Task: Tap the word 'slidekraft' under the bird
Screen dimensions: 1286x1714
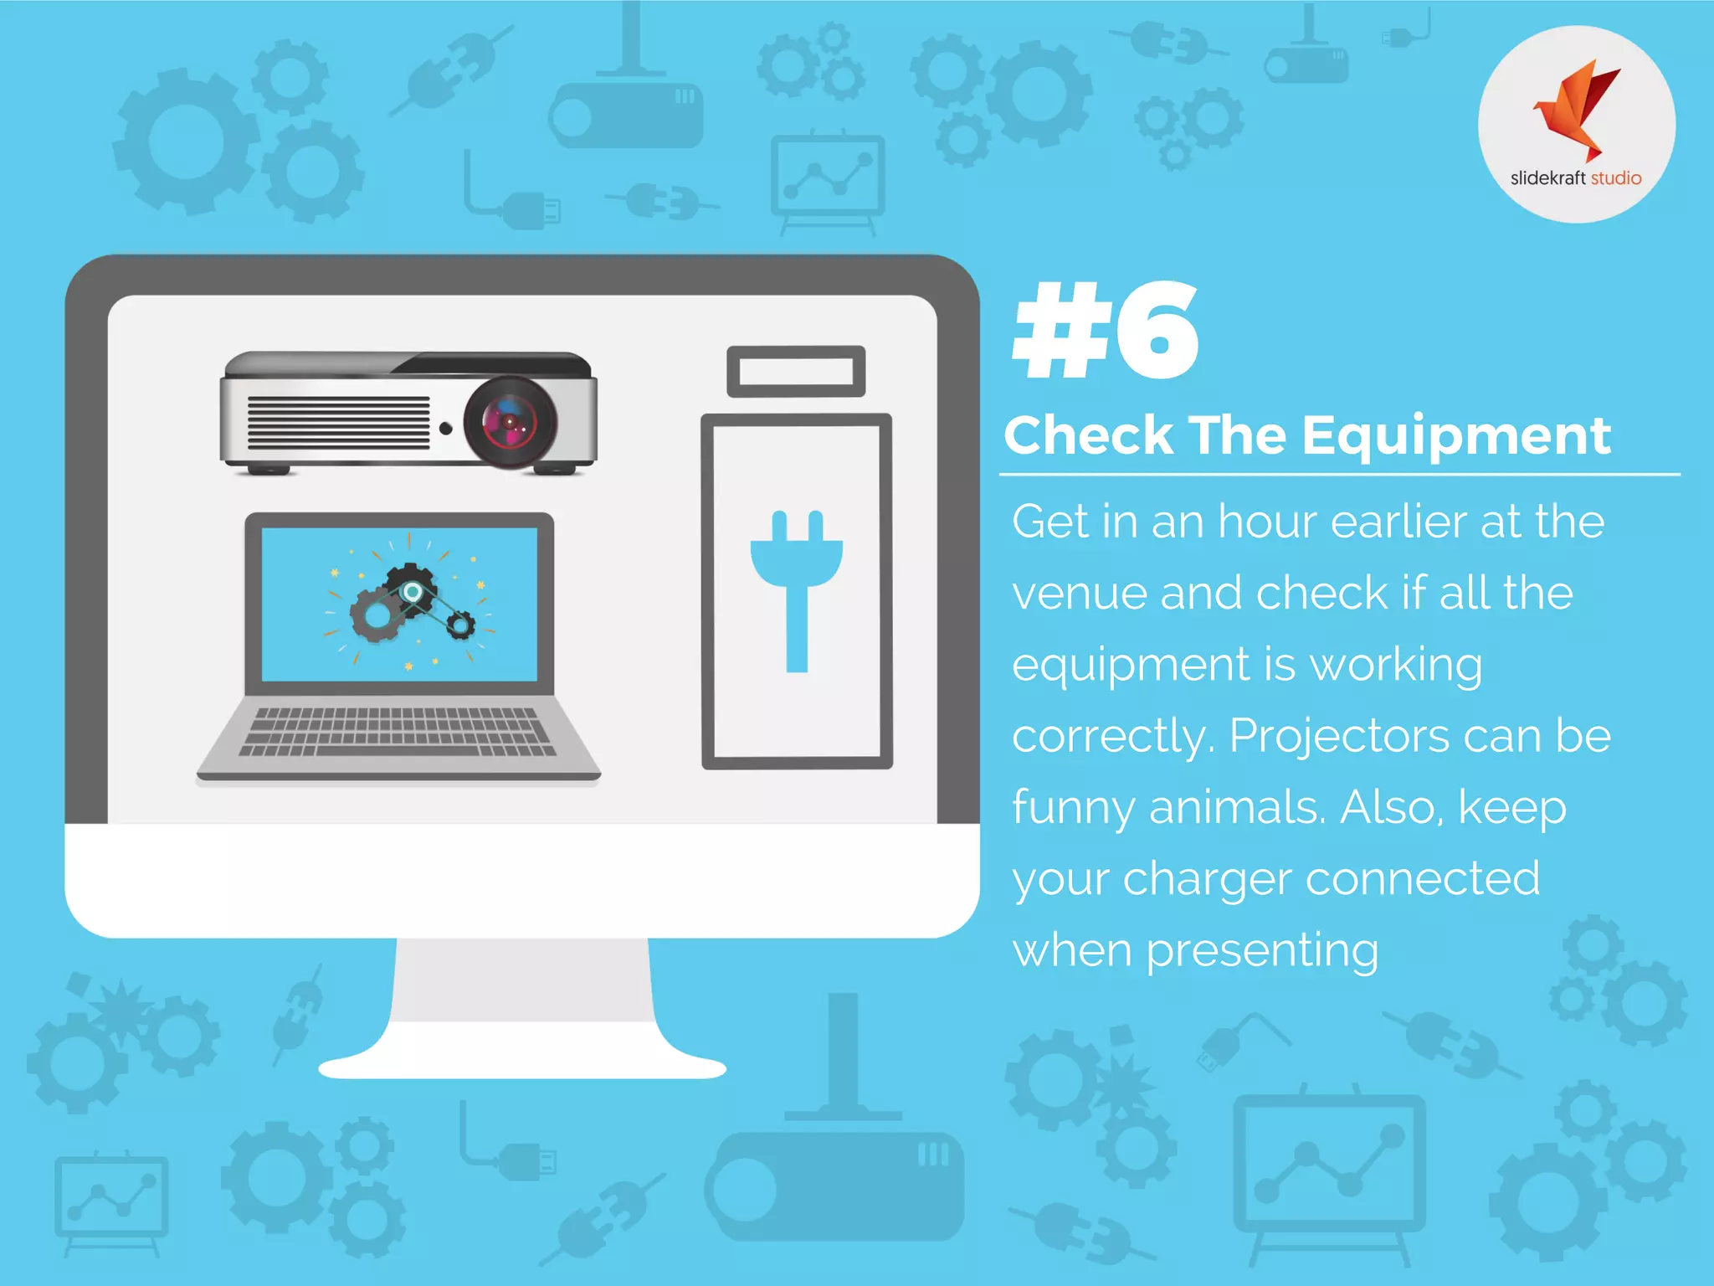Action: click(x=1547, y=178)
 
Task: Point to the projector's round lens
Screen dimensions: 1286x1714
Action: click(x=510, y=421)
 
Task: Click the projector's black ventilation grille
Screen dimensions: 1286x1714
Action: click(x=338, y=423)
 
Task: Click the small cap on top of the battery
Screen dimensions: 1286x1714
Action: click(x=796, y=371)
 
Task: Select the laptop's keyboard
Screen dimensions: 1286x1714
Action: click(x=397, y=731)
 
